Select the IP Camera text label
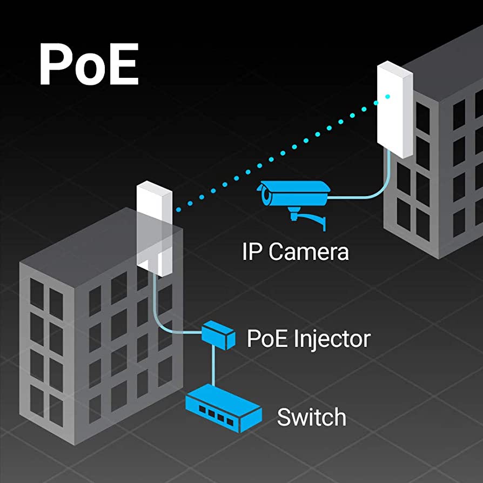pos(296,252)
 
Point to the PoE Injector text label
pos(308,339)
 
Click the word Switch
pos(312,417)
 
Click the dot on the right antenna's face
pos(387,97)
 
